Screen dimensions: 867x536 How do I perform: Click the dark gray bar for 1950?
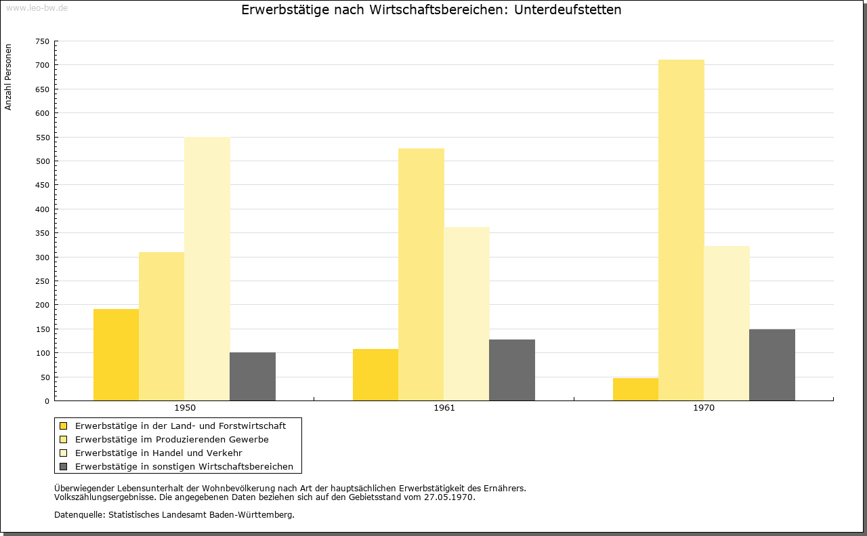click(x=253, y=377)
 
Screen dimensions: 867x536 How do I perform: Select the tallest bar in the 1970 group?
click(x=681, y=230)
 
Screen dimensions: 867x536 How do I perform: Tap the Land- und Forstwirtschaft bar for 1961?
click(x=375, y=375)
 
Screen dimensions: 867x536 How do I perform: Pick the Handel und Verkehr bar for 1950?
click(x=207, y=269)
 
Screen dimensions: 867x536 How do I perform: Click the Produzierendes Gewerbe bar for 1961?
click(x=421, y=274)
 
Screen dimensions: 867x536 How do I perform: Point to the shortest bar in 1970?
click(x=635, y=389)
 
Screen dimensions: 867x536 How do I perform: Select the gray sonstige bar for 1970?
click(x=772, y=365)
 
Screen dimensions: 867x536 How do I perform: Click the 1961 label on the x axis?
click(x=444, y=408)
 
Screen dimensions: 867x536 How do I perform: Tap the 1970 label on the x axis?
click(x=704, y=408)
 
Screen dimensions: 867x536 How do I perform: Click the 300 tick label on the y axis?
click(x=43, y=257)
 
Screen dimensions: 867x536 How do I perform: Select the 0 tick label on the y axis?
click(x=47, y=401)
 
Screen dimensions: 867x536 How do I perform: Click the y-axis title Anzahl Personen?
click(x=8, y=77)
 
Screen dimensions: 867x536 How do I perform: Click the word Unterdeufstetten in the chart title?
click(x=568, y=9)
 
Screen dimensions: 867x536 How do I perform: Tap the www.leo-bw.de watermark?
click(x=37, y=8)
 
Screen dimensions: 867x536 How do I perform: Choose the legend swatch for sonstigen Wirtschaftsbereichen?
click(x=64, y=467)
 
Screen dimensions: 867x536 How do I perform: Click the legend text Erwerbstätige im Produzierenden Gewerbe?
click(x=172, y=440)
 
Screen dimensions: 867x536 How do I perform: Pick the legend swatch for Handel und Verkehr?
click(x=64, y=453)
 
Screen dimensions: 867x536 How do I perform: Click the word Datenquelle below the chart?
click(x=79, y=515)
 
